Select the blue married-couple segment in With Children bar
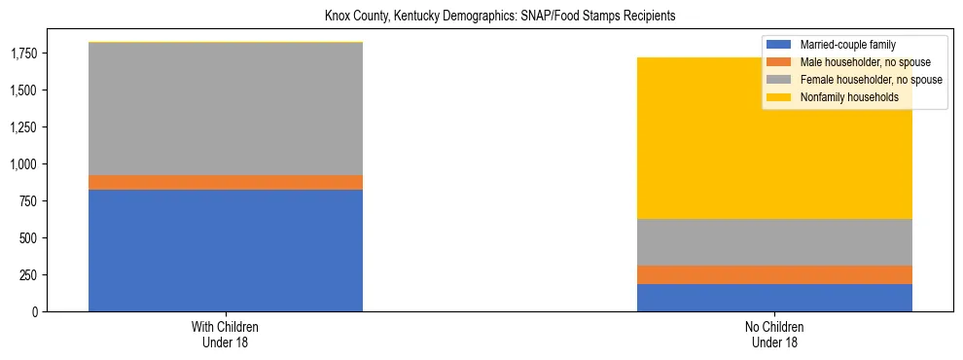click(226, 250)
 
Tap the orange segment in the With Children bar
click(226, 182)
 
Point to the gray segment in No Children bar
click(774, 242)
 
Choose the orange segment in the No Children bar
click(774, 274)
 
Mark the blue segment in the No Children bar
click(774, 298)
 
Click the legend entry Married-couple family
click(847, 45)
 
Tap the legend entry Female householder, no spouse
click(866, 80)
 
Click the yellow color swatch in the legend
click(779, 97)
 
